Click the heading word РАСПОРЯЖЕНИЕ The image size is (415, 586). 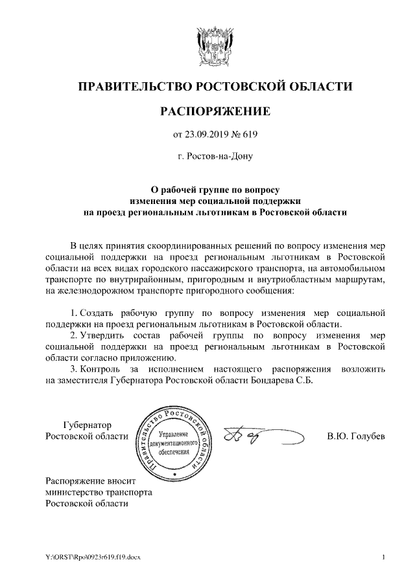point(215,112)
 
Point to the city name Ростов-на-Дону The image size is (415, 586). point(215,156)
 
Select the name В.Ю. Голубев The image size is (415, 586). point(356,436)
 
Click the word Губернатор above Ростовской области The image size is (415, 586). point(87,425)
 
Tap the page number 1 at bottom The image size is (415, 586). point(384,557)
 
